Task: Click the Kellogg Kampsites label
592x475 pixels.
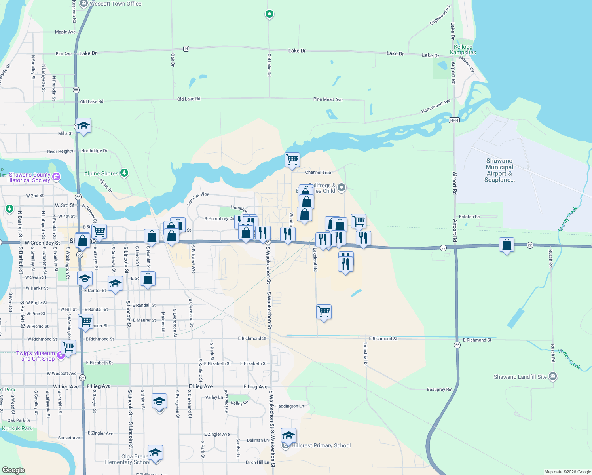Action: click(x=463, y=49)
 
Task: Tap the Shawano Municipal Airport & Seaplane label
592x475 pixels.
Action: click(x=499, y=170)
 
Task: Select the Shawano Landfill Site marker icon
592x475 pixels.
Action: click(x=553, y=376)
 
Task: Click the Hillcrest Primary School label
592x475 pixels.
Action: click(x=321, y=445)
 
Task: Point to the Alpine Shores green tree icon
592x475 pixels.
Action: click(x=124, y=173)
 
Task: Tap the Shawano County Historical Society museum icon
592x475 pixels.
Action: click(x=56, y=177)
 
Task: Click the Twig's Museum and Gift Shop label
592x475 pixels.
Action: click(x=36, y=356)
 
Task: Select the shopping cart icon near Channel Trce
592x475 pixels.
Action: click(x=292, y=160)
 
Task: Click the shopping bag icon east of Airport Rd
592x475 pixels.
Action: click(x=507, y=245)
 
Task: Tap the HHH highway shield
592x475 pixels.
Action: click(x=454, y=120)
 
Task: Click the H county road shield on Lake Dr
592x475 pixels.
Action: click(x=186, y=49)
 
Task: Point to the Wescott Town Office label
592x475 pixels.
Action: click(x=115, y=4)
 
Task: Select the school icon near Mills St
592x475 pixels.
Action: click(x=83, y=126)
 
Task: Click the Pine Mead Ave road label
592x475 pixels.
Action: click(x=328, y=99)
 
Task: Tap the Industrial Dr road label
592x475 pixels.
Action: click(x=365, y=353)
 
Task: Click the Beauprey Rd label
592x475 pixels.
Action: click(x=439, y=389)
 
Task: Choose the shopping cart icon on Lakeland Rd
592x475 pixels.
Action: click(x=324, y=312)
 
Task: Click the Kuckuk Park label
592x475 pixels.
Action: click(x=17, y=428)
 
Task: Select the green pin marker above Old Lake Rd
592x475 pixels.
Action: click(x=269, y=14)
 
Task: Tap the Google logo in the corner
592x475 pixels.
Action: click(x=13, y=470)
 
